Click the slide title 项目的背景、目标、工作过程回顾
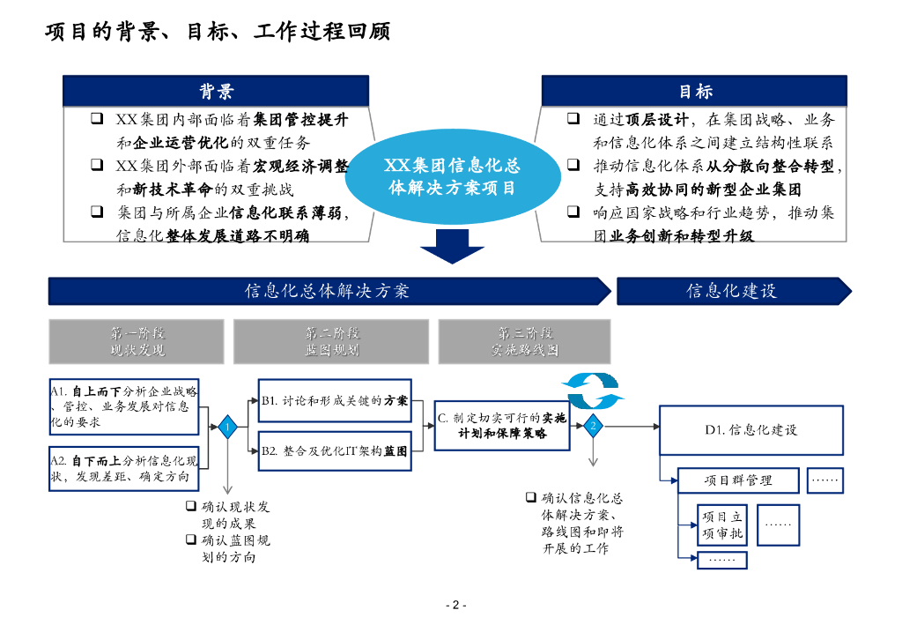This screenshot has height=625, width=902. tap(218, 33)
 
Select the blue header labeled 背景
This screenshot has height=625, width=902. tap(216, 92)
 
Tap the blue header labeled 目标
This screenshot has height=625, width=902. tap(694, 92)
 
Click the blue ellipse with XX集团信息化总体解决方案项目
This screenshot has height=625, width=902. tap(453, 176)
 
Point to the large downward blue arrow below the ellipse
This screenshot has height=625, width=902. tap(452, 246)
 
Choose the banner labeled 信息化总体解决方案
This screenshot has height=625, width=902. tap(328, 291)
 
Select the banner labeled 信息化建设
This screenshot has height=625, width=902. tap(732, 291)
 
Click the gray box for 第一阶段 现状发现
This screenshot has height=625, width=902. tap(137, 341)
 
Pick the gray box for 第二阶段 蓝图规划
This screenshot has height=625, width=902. tap(331, 341)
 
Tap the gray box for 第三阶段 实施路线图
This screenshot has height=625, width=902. tap(524, 341)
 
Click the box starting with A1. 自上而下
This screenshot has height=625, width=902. tap(124, 406)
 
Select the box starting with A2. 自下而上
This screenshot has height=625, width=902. tap(124, 469)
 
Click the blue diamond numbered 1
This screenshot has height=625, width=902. tap(227, 427)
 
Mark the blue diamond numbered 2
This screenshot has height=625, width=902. tap(594, 426)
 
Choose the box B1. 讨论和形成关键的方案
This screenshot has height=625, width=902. tap(335, 400)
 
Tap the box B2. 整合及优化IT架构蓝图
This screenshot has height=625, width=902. tap(335, 450)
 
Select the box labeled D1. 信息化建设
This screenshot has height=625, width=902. tap(751, 430)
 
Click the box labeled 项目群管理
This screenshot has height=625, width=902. tap(738, 480)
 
